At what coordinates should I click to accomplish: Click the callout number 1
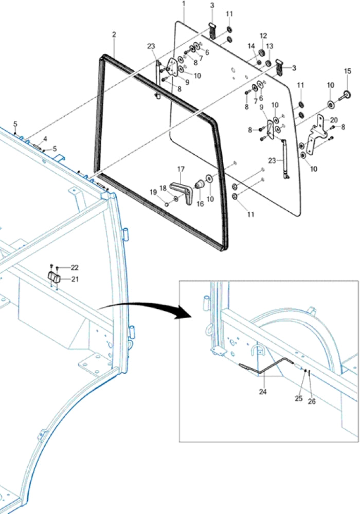[x=184, y=4]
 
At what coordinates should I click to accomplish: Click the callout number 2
[x=114, y=34]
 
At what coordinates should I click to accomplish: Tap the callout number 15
[x=348, y=71]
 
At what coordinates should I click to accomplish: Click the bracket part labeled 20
[x=316, y=135]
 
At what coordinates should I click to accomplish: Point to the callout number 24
[x=263, y=391]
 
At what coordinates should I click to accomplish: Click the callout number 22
[x=75, y=267]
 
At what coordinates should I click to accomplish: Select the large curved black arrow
[x=145, y=307]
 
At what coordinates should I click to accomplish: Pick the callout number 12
[x=263, y=36]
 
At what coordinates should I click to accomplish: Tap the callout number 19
[x=153, y=192]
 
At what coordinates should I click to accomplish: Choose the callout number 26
[x=312, y=401]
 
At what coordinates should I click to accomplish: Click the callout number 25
[x=299, y=399]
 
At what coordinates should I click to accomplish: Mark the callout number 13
[x=269, y=46]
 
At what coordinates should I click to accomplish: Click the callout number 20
[x=334, y=120]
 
